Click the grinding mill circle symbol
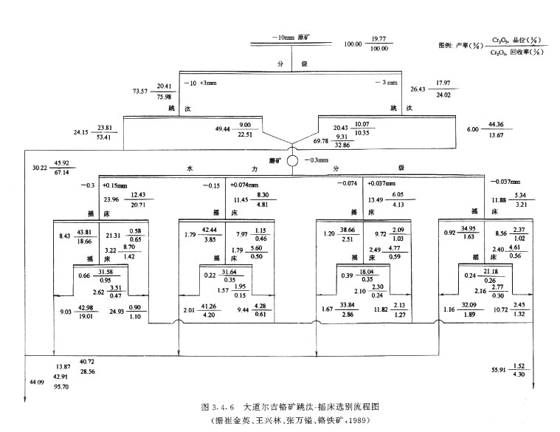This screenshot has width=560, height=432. pos(293,160)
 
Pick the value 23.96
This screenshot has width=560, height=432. pos(111,199)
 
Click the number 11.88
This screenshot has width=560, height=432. pos(501,199)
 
